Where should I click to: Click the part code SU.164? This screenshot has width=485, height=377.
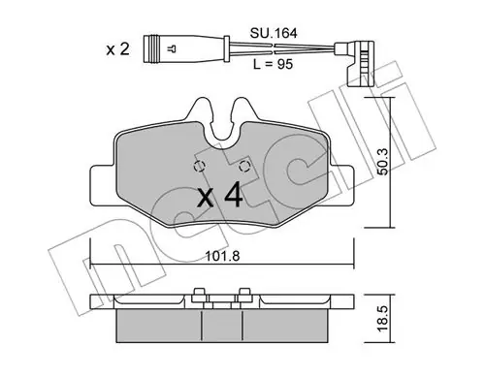[x=274, y=33]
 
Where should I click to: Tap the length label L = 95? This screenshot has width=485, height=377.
[x=274, y=64]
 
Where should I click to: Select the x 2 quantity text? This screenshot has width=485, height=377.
[x=118, y=49]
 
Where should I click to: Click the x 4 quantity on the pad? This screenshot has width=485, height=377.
[x=220, y=195]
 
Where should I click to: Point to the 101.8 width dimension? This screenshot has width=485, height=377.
[x=222, y=257]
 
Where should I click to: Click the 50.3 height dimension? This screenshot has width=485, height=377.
[x=384, y=162]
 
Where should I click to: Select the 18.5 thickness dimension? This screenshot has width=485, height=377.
[x=383, y=319]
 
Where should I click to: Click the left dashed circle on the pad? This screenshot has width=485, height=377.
[x=200, y=167]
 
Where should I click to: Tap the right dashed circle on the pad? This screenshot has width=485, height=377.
[x=244, y=167]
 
